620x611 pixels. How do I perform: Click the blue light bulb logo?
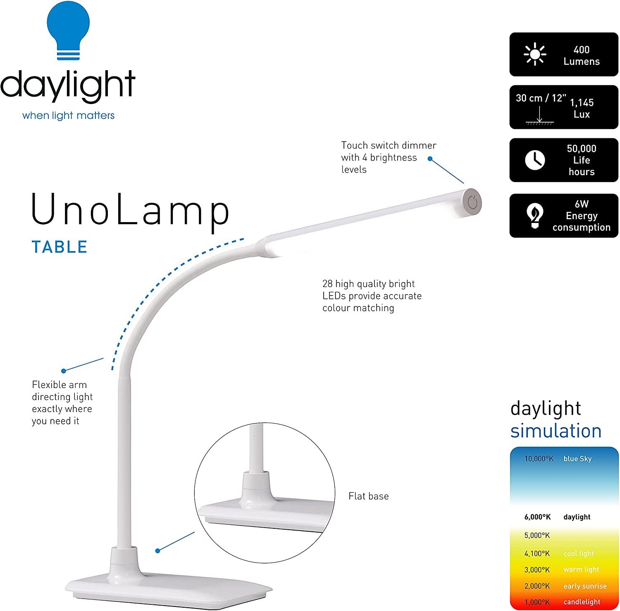click(x=69, y=31)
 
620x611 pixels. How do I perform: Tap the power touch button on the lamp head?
click(x=472, y=203)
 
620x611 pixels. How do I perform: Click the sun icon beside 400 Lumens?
click(x=534, y=54)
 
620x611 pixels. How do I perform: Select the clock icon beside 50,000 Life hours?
click(x=534, y=160)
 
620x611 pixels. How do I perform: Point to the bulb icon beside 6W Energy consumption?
click(x=534, y=216)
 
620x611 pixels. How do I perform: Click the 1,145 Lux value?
click(x=582, y=108)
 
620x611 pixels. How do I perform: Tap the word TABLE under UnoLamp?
click(x=60, y=247)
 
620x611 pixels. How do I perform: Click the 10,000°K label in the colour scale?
click(x=539, y=459)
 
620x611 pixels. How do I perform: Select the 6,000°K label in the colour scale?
click(x=537, y=517)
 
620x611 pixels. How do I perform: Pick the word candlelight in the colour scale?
click(x=582, y=602)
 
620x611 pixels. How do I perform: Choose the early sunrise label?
click(x=585, y=586)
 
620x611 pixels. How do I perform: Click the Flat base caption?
click(x=368, y=496)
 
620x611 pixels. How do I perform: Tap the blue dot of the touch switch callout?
click(x=430, y=159)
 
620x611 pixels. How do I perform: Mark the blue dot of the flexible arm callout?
click(x=64, y=371)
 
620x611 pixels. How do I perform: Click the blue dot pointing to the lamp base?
click(x=157, y=551)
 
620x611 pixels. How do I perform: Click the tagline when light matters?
click(x=68, y=115)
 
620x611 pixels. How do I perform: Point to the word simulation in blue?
click(x=556, y=431)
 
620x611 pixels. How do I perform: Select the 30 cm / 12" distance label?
click(x=541, y=98)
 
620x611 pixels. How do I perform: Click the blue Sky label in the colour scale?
click(x=577, y=459)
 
